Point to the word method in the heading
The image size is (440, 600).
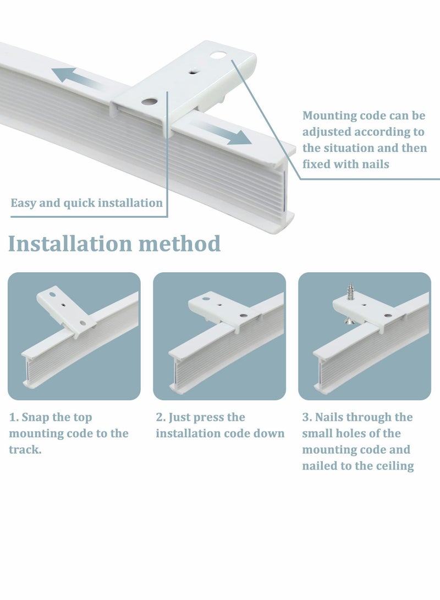click(x=179, y=244)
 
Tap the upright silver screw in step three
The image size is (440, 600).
click(x=349, y=291)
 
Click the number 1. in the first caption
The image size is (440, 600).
click(x=13, y=417)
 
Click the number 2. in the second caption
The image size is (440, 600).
click(x=160, y=417)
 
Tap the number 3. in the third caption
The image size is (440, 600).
click(x=306, y=417)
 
